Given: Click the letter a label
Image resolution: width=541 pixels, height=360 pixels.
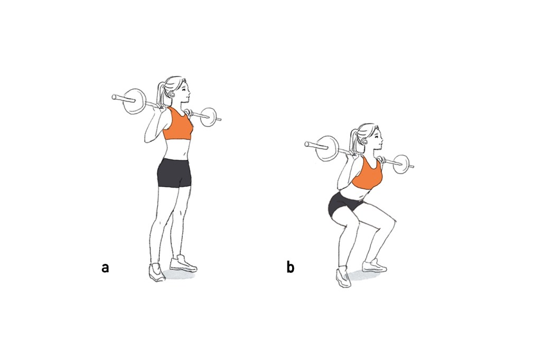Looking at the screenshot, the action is click(x=105, y=268).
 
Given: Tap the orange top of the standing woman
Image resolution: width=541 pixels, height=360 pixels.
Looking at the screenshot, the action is click(x=178, y=124).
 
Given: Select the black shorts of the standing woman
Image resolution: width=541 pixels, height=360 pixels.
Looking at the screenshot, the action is click(x=174, y=173).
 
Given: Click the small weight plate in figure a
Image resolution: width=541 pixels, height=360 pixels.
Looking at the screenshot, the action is click(x=209, y=118).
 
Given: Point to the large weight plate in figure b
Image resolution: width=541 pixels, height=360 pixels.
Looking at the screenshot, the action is click(x=328, y=148).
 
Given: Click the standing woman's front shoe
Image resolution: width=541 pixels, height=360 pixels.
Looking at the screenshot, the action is click(x=183, y=264).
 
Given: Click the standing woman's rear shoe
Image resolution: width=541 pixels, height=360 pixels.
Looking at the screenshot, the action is click(x=156, y=272).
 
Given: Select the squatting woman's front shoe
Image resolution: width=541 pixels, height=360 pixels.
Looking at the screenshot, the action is click(x=374, y=266).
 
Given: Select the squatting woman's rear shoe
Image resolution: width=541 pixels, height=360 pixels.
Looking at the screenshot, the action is click(x=343, y=278).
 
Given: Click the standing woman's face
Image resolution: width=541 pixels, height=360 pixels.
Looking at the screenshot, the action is click(x=185, y=92).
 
